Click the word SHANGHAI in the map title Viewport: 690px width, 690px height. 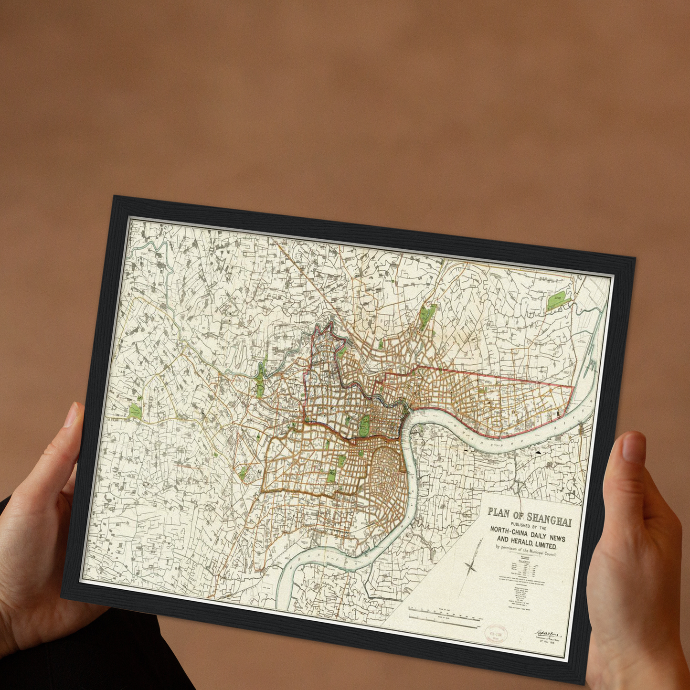[549, 520]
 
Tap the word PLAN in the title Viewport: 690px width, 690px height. [499, 513]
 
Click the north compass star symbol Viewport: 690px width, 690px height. [470, 567]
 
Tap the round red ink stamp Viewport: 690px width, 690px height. [496, 634]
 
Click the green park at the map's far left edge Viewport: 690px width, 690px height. [135, 412]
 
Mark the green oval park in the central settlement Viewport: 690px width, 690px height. [364, 425]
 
